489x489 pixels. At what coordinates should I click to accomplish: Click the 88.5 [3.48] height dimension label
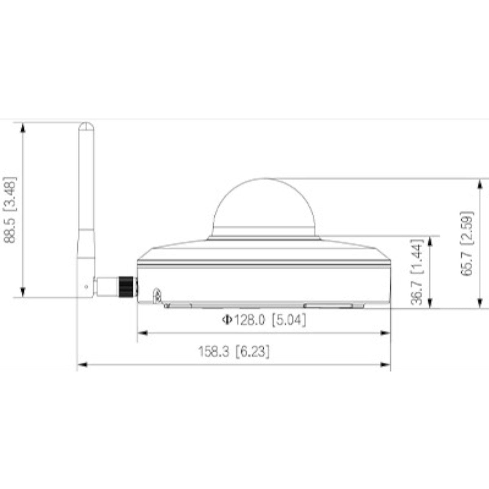(11, 210)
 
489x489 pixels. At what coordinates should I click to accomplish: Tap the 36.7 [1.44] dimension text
(417, 271)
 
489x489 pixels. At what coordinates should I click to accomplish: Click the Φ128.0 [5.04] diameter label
(264, 320)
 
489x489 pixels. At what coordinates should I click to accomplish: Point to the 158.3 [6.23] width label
(234, 352)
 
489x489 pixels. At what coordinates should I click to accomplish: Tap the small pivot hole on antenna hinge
(86, 286)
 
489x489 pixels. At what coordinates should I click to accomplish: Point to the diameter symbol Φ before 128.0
(226, 320)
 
